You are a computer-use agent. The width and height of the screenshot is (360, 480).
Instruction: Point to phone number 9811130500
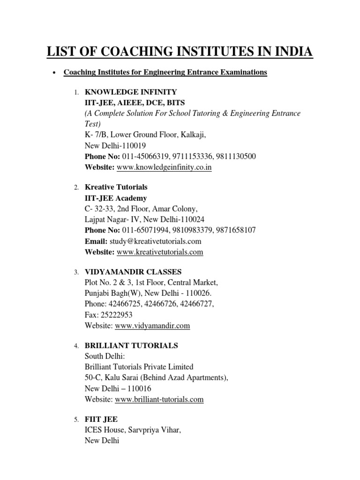[x=233, y=156]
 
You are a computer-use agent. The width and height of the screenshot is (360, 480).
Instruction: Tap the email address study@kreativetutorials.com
[x=155, y=241]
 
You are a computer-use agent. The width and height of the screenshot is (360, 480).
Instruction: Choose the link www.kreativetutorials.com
[x=160, y=252]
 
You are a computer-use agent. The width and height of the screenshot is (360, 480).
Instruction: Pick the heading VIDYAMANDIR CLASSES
[x=133, y=272]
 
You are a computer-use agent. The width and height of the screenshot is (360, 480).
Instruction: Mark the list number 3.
[x=76, y=272]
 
